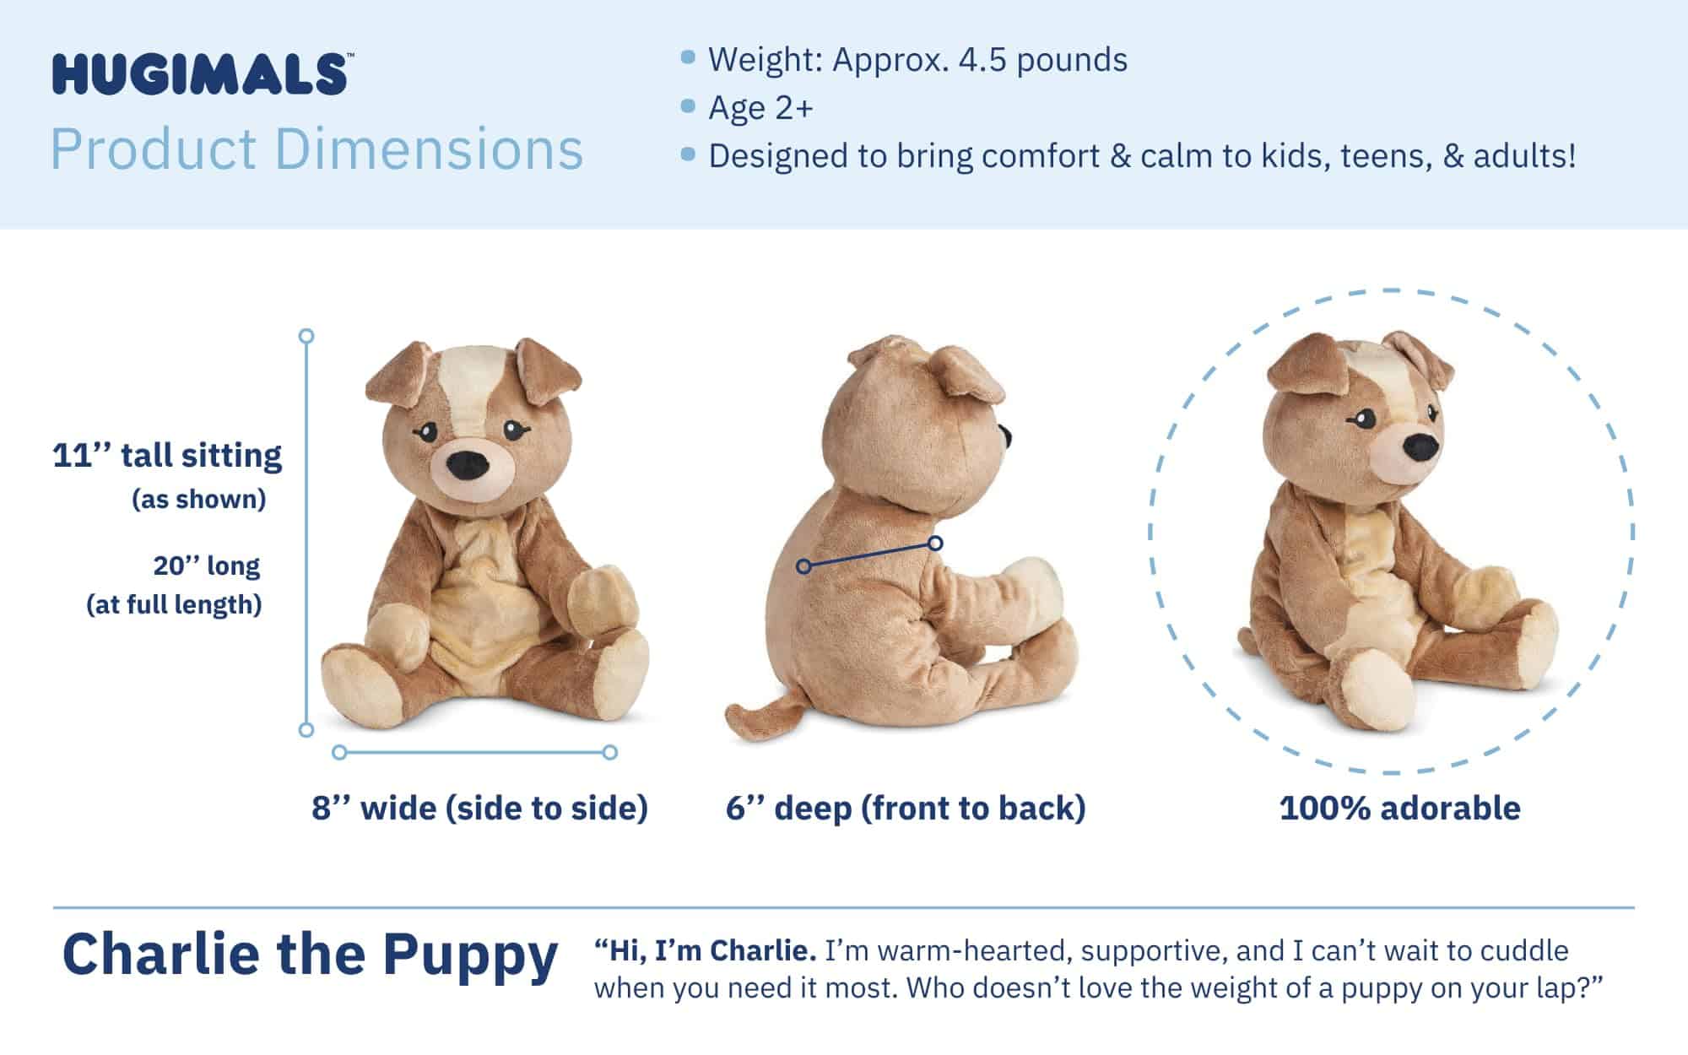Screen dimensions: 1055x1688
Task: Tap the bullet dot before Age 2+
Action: click(688, 106)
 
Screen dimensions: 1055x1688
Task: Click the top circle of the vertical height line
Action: click(306, 336)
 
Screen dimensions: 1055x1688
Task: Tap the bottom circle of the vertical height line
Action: click(306, 729)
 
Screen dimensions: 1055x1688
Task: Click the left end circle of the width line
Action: click(339, 752)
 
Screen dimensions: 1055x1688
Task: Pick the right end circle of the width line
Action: click(610, 752)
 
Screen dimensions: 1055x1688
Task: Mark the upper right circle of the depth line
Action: click(935, 544)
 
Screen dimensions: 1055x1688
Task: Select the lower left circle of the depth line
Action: click(803, 566)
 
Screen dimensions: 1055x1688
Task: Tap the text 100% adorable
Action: click(1399, 808)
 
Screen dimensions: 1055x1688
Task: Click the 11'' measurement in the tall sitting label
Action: click(81, 456)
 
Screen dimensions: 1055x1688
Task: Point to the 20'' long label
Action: click(207, 565)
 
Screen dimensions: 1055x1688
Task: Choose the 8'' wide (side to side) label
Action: click(479, 808)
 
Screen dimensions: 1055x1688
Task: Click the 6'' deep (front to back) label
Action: click(906, 808)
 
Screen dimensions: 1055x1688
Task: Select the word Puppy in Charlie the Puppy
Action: click(470, 955)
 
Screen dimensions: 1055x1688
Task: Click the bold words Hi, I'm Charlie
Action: click(705, 950)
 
